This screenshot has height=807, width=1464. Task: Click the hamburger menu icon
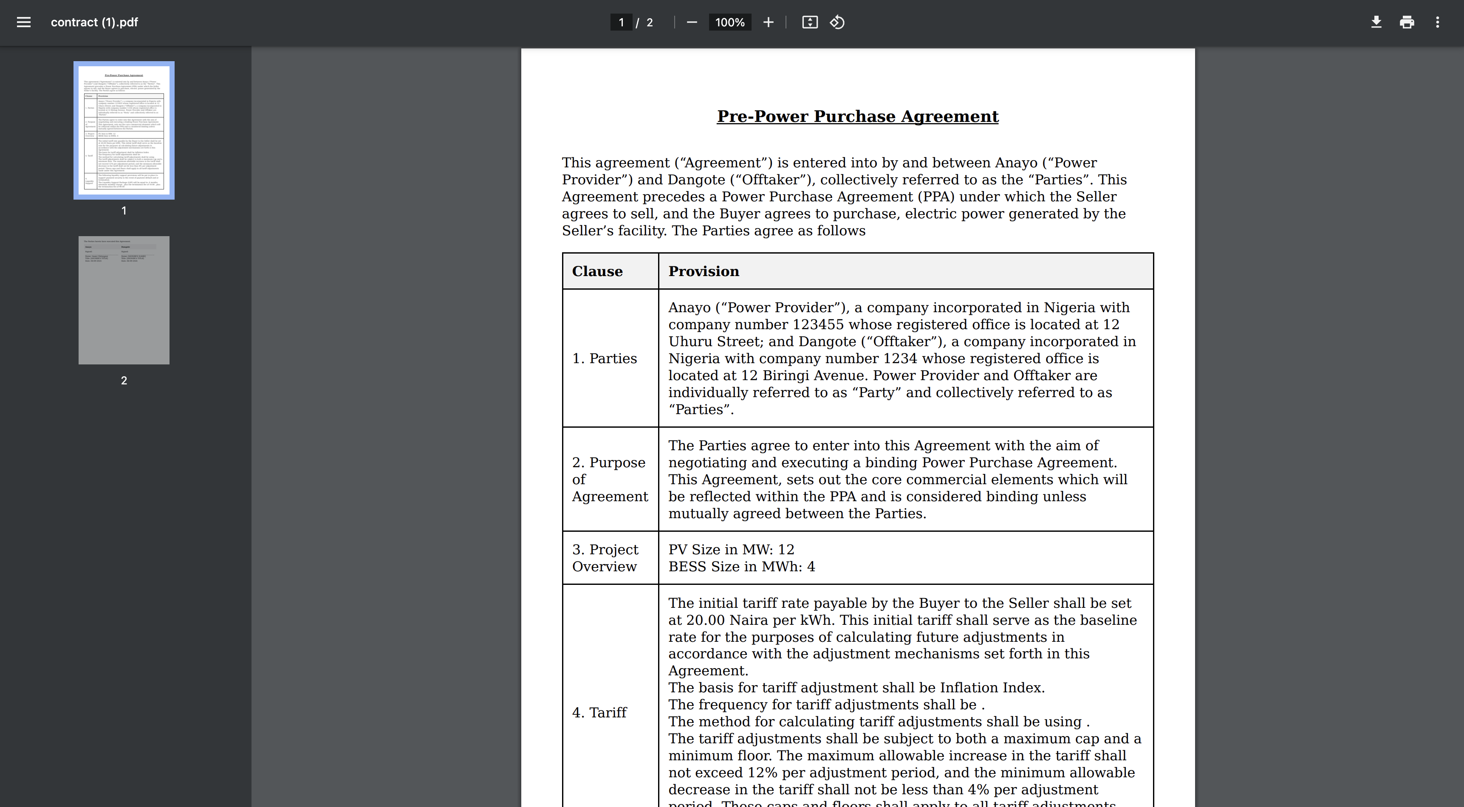coord(23,22)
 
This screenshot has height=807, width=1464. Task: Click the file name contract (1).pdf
coord(94,22)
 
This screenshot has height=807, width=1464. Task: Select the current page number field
coord(621,22)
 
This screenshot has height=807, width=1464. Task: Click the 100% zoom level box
coord(730,22)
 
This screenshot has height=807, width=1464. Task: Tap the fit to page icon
coord(810,22)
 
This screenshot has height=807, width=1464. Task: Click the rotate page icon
coord(837,22)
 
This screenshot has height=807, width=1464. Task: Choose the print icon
coord(1407,22)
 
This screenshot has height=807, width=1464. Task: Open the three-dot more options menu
coord(1437,22)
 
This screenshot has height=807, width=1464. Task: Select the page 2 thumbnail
coord(124,300)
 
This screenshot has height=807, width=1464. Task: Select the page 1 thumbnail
coord(124,130)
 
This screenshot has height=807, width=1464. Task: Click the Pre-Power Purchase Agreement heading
coord(857,116)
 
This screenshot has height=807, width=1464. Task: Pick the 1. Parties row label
coord(604,358)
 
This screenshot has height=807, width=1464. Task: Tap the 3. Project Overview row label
coord(605,558)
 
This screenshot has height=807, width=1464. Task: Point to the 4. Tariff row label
coord(599,713)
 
